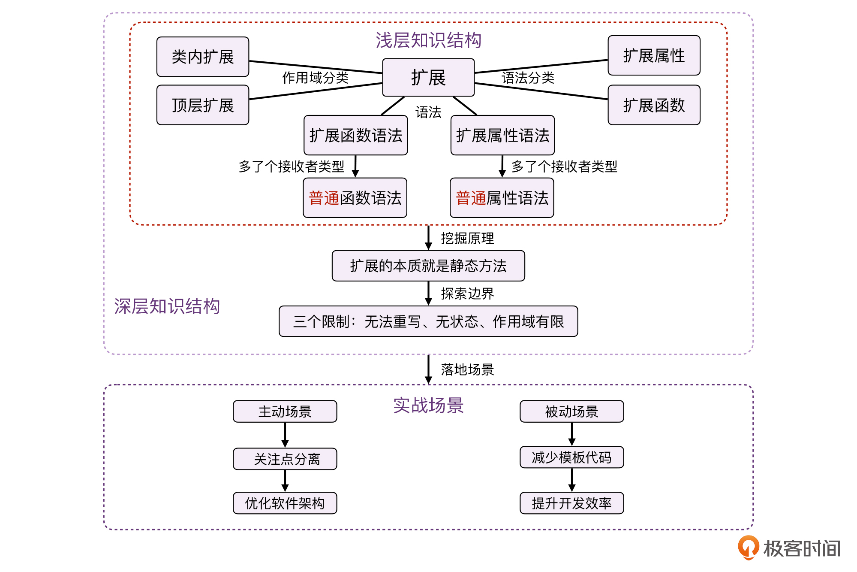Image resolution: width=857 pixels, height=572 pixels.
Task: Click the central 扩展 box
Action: (428, 78)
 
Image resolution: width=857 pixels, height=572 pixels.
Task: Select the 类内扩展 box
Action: (203, 57)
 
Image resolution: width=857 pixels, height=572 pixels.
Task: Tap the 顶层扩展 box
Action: (203, 105)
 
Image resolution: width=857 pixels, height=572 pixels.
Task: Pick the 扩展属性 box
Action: (654, 56)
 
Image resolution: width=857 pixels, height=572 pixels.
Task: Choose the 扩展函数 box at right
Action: (654, 105)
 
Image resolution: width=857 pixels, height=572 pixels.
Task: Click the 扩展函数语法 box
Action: (355, 136)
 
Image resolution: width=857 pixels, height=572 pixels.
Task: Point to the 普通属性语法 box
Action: (502, 198)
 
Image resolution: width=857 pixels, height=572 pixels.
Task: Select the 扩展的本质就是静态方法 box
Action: (428, 266)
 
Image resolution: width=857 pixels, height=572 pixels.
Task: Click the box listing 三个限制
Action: (428, 321)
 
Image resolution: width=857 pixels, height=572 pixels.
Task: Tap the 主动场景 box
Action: (285, 412)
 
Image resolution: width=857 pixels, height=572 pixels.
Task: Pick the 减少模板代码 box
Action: (571, 457)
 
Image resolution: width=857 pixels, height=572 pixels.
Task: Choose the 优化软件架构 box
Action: (285, 503)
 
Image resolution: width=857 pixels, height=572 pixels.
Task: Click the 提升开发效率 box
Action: (571, 503)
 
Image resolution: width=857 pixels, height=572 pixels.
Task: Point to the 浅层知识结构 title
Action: (428, 40)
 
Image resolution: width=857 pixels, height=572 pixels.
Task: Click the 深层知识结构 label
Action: (167, 306)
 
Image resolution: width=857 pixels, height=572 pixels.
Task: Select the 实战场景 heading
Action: (428, 406)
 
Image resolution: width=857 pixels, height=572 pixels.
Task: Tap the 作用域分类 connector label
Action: (316, 78)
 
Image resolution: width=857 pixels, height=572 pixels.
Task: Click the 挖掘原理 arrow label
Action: (467, 238)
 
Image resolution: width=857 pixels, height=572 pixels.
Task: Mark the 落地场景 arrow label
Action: (467, 369)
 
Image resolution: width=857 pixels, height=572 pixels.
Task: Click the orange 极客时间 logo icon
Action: (748, 548)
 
